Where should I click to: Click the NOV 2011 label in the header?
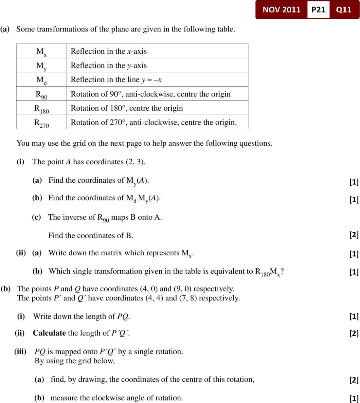point(281,9)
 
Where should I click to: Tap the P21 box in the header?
point(318,9)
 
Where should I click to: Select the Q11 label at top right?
point(344,9)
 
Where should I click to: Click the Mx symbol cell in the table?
point(42,51)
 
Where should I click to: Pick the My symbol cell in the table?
point(42,66)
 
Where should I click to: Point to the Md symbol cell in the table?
point(42,80)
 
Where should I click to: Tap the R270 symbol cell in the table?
point(42,123)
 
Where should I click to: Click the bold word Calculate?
point(49,333)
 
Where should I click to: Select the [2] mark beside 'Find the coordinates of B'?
point(354,234)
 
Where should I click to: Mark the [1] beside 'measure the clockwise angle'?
point(354,398)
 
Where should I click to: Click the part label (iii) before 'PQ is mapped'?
point(20,351)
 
